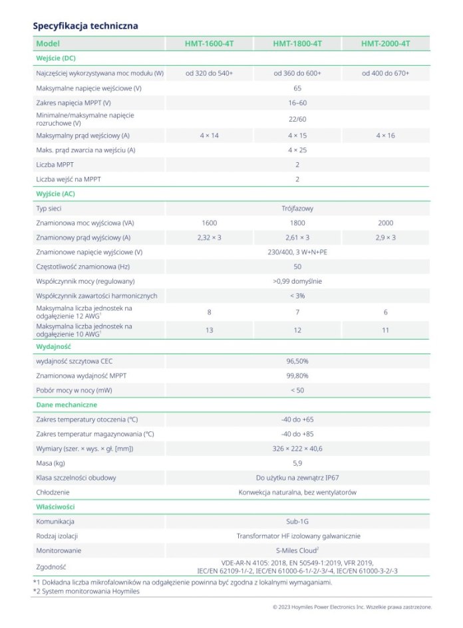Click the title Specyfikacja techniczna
tap(85, 26)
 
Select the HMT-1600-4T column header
tap(209, 44)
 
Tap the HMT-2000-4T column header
tap(385, 44)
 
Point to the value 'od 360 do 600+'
tap(297, 73)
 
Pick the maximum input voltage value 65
tap(297, 88)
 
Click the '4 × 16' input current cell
tap(385, 135)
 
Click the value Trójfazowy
tap(297, 209)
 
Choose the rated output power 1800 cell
tap(297, 223)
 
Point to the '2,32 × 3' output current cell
tap(209, 237)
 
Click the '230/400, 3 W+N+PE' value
tap(297, 252)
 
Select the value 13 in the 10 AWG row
tap(209, 330)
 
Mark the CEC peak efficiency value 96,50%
tap(297, 361)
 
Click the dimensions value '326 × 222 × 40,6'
tap(297, 449)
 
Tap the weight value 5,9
tap(297, 463)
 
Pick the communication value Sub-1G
tap(297, 522)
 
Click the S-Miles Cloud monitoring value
tap(297, 550)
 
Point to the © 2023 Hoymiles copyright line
tap(352, 607)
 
